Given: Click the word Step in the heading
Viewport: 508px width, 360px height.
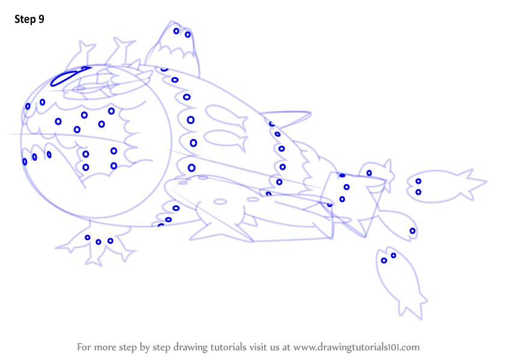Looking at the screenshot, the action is (25, 19).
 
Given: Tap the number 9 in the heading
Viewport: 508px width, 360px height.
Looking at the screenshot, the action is (42, 19).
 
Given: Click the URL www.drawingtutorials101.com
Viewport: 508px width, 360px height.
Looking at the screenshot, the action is (356, 347).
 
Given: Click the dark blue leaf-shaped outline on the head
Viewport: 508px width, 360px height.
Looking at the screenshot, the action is (69, 76).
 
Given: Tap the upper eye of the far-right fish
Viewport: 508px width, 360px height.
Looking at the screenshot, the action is (418, 181).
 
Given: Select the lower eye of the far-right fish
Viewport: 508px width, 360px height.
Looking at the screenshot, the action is (418, 192).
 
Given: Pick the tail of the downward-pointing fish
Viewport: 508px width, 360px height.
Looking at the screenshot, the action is (412, 306).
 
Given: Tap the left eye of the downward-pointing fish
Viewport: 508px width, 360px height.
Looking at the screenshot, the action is (384, 261).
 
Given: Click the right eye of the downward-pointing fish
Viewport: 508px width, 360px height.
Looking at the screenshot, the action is (393, 256).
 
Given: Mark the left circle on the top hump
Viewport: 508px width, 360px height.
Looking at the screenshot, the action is (176, 31).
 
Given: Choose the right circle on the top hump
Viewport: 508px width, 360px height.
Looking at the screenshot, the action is (188, 35).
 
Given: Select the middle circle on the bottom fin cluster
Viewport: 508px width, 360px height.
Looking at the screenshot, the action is (99, 242).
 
